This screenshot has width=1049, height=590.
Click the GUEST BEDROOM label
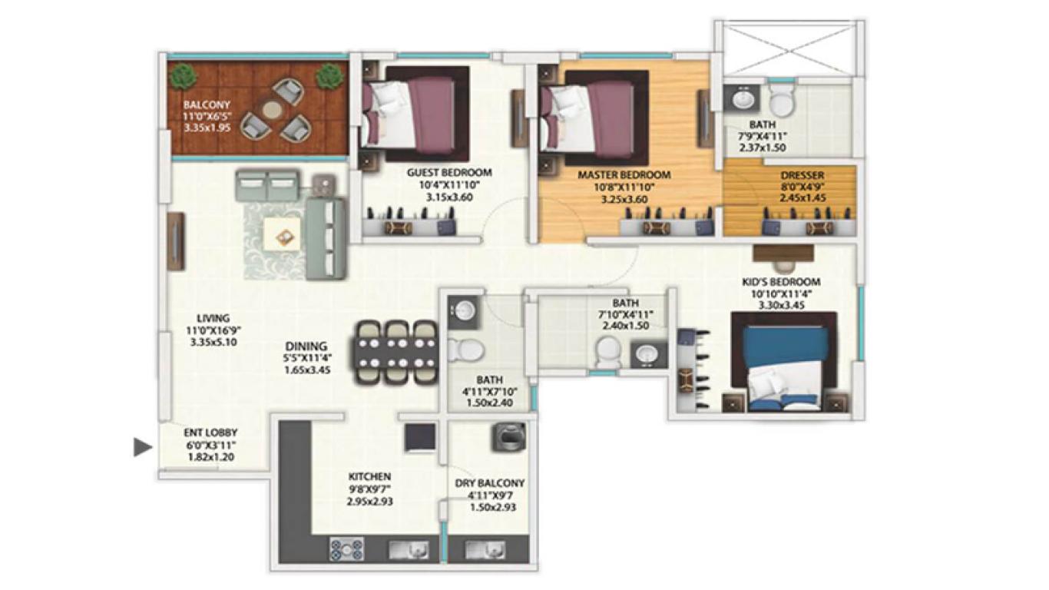click(449, 173)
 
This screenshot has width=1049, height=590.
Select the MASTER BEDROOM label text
click(624, 175)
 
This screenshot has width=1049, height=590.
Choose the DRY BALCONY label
click(489, 483)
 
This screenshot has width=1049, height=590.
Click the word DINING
click(306, 346)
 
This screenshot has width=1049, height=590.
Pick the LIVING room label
click(213, 318)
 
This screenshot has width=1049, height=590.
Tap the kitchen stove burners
click(346, 549)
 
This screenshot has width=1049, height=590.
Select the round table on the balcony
click(273, 111)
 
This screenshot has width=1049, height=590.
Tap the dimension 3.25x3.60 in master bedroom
click(623, 198)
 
